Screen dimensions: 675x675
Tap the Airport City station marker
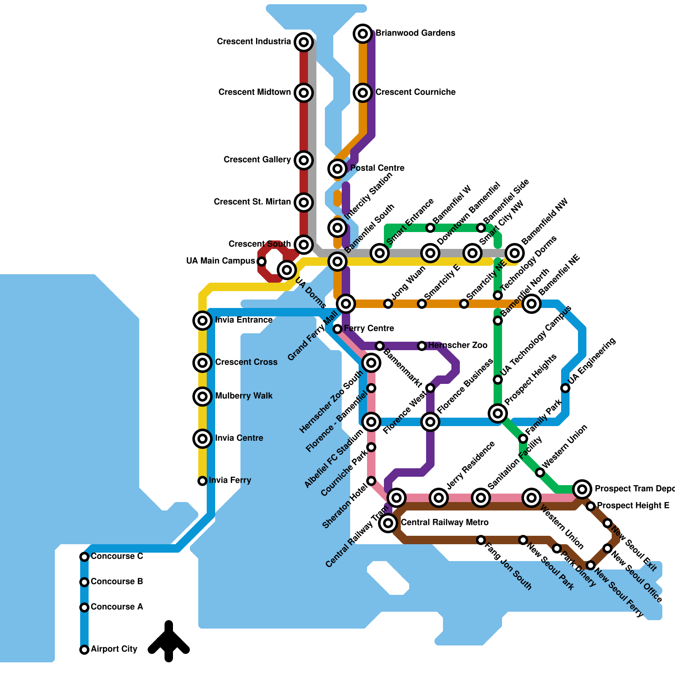pos(84,649)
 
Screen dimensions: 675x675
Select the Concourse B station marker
pos(84,582)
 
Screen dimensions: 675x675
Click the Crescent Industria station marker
pos(304,42)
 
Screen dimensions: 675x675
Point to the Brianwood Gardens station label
pos(415,33)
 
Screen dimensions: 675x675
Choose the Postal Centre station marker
pos(337,169)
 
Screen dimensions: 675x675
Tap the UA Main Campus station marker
pos(262,262)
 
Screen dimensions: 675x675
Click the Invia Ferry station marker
pos(202,481)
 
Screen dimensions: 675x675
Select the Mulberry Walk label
pos(244,396)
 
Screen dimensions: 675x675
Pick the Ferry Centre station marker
pos(337,329)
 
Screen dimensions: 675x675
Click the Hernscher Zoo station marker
pos(422,346)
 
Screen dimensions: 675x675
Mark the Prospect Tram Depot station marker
pos(582,489)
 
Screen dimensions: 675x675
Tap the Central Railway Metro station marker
pos(388,523)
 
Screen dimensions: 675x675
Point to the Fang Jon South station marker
pos(481,540)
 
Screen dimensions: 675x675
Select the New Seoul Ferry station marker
pos(591,565)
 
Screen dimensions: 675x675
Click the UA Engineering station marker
pos(565,388)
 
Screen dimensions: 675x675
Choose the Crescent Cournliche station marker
pos(363,92)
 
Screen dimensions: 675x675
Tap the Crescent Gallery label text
pos(257,160)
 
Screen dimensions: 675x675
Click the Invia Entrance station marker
pos(202,321)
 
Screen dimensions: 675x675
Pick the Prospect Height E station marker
pos(591,506)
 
